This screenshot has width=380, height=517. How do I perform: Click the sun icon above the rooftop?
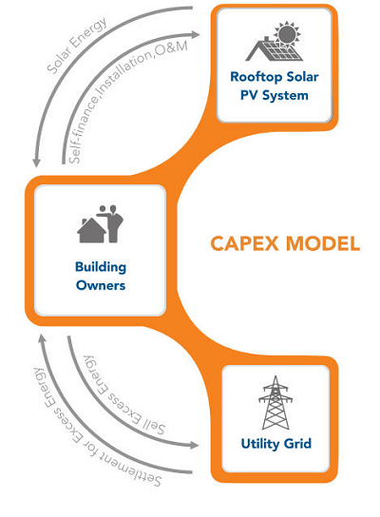(288, 34)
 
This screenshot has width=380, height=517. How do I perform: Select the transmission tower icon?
(275, 403)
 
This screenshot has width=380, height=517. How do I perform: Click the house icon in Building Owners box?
(91, 231)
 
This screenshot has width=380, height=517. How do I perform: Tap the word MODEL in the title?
(323, 244)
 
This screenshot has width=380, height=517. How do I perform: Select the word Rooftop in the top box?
(256, 77)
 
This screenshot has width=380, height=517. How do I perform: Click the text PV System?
(275, 96)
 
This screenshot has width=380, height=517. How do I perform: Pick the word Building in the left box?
(101, 267)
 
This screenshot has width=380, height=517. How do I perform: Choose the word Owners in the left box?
(101, 285)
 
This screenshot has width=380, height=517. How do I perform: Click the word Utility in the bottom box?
(259, 444)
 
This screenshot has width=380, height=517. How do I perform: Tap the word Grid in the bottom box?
(298, 444)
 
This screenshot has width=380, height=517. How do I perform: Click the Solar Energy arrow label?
(76, 45)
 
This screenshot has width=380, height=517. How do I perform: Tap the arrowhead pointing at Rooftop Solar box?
(196, 34)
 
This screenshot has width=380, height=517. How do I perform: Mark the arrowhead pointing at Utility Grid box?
(195, 446)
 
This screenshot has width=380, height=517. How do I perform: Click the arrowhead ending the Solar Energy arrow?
(36, 163)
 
